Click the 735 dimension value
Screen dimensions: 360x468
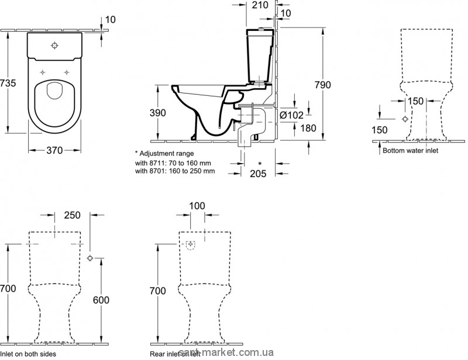click(x=9, y=84)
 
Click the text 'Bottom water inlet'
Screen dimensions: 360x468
click(x=410, y=150)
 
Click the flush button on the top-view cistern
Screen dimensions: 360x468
click(x=54, y=45)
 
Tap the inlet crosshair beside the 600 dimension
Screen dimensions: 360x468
click(x=90, y=258)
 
